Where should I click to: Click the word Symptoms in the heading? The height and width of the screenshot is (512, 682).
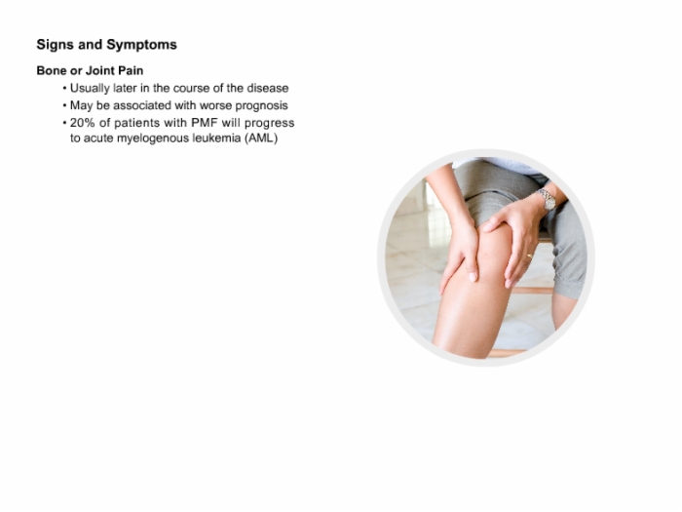[x=142, y=45]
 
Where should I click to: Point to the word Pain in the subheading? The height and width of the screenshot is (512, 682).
[x=131, y=70]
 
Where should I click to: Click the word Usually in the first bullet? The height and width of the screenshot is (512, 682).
[x=90, y=89]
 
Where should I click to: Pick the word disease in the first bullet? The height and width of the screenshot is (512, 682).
[x=268, y=88]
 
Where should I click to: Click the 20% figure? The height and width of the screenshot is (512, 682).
[x=82, y=123]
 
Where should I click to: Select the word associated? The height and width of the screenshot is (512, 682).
[x=142, y=105]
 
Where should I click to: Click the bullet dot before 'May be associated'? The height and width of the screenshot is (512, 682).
[x=65, y=105]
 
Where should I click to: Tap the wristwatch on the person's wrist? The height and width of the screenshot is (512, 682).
[x=548, y=200]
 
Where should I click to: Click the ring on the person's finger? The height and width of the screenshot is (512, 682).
[x=530, y=256]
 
